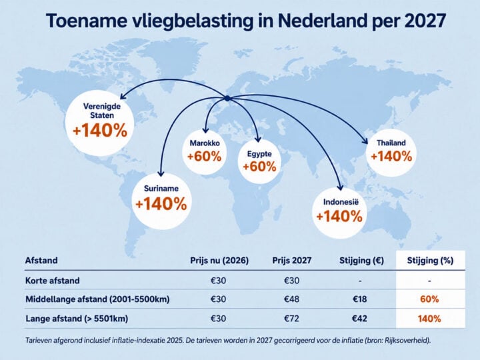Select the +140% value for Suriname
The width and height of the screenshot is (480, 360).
click(x=161, y=203)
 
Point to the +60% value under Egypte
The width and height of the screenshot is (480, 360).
click(x=259, y=166)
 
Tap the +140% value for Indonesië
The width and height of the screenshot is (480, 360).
click(x=339, y=216)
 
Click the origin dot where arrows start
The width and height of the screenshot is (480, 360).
click(x=227, y=99)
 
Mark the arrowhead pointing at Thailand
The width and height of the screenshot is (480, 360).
click(x=365, y=141)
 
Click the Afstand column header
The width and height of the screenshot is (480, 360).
click(x=41, y=261)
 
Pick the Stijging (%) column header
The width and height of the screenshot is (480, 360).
click(x=429, y=261)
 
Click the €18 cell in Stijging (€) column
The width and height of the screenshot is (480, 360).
click(x=359, y=299)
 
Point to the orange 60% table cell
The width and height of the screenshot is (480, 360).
click(x=429, y=299)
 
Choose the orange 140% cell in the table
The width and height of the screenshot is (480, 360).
click(x=429, y=319)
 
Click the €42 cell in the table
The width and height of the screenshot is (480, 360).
click(x=359, y=319)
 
